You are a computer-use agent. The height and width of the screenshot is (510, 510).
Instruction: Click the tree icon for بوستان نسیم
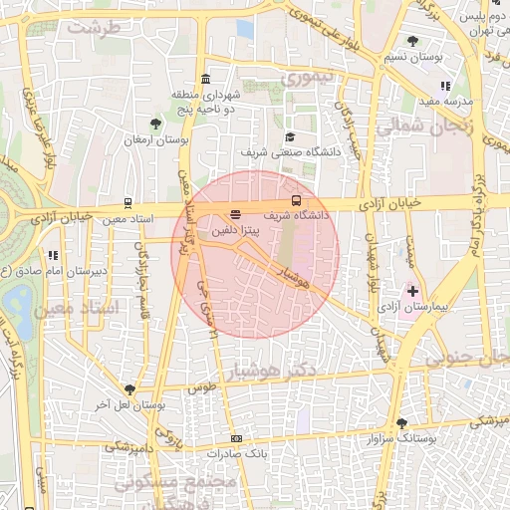click(412, 41)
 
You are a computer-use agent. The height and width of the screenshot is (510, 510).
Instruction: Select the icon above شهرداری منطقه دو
click(205, 79)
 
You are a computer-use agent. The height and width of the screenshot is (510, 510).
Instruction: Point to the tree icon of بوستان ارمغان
click(155, 124)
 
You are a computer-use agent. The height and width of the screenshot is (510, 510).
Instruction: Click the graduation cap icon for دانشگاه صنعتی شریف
click(290, 136)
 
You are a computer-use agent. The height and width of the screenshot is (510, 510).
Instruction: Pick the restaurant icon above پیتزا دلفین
click(236, 213)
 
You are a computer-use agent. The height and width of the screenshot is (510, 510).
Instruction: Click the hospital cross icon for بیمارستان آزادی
click(412, 291)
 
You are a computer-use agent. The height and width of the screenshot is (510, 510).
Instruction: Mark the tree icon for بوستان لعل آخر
click(129, 389)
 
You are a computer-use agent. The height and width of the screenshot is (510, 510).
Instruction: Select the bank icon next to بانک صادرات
click(236, 438)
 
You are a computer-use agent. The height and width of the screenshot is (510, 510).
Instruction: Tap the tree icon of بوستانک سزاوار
click(401, 422)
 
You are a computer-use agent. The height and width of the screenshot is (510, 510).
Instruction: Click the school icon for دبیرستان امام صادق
click(50, 255)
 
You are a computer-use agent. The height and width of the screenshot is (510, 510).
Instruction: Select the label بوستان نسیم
click(446, 59)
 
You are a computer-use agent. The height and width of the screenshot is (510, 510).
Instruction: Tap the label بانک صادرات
click(234, 454)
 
